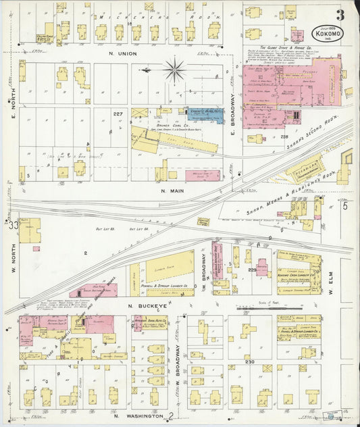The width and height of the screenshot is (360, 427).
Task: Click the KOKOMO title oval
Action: (x=328, y=32)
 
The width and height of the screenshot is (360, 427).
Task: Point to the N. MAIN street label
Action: (x=173, y=191)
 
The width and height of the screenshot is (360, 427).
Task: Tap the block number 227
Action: (x=118, y=114)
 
